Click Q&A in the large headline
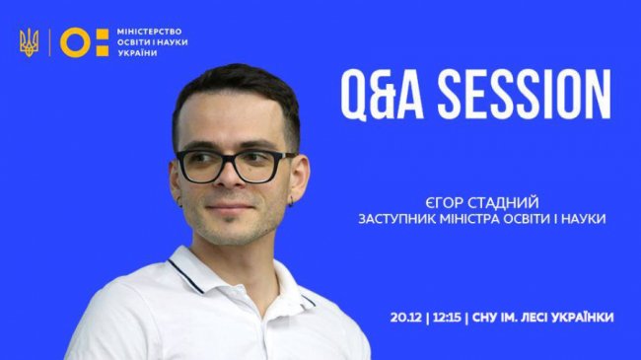pos(376,96)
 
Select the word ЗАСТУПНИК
pos(396,217)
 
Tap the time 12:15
pos(448,317)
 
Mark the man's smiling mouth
pos(229,211)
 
